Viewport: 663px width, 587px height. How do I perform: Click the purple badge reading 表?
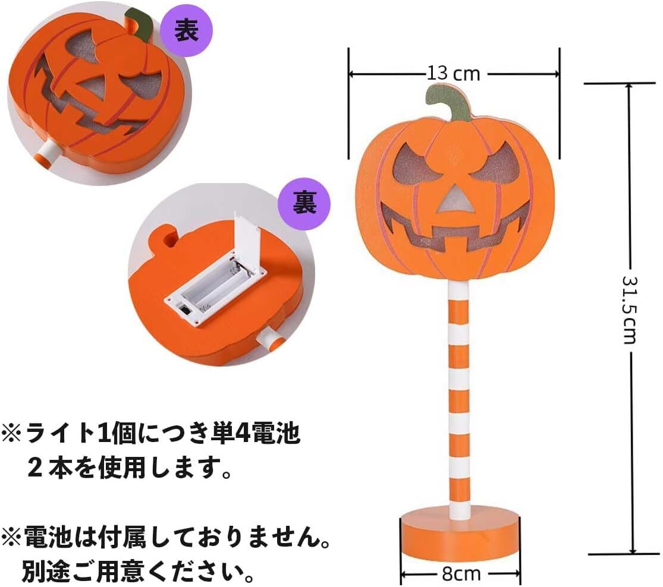point(185,31)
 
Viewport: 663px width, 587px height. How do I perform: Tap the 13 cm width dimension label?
point(453,74)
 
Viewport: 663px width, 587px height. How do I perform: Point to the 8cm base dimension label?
point(461,574)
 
